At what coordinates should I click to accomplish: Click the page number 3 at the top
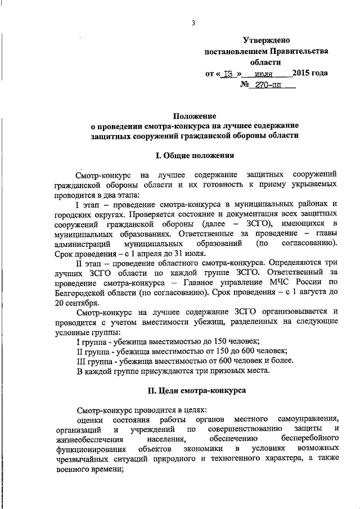(x=193, y=23)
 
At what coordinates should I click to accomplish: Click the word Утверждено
(x=266, y=40)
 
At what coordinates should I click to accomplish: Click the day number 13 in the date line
(x=228, y=74)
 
